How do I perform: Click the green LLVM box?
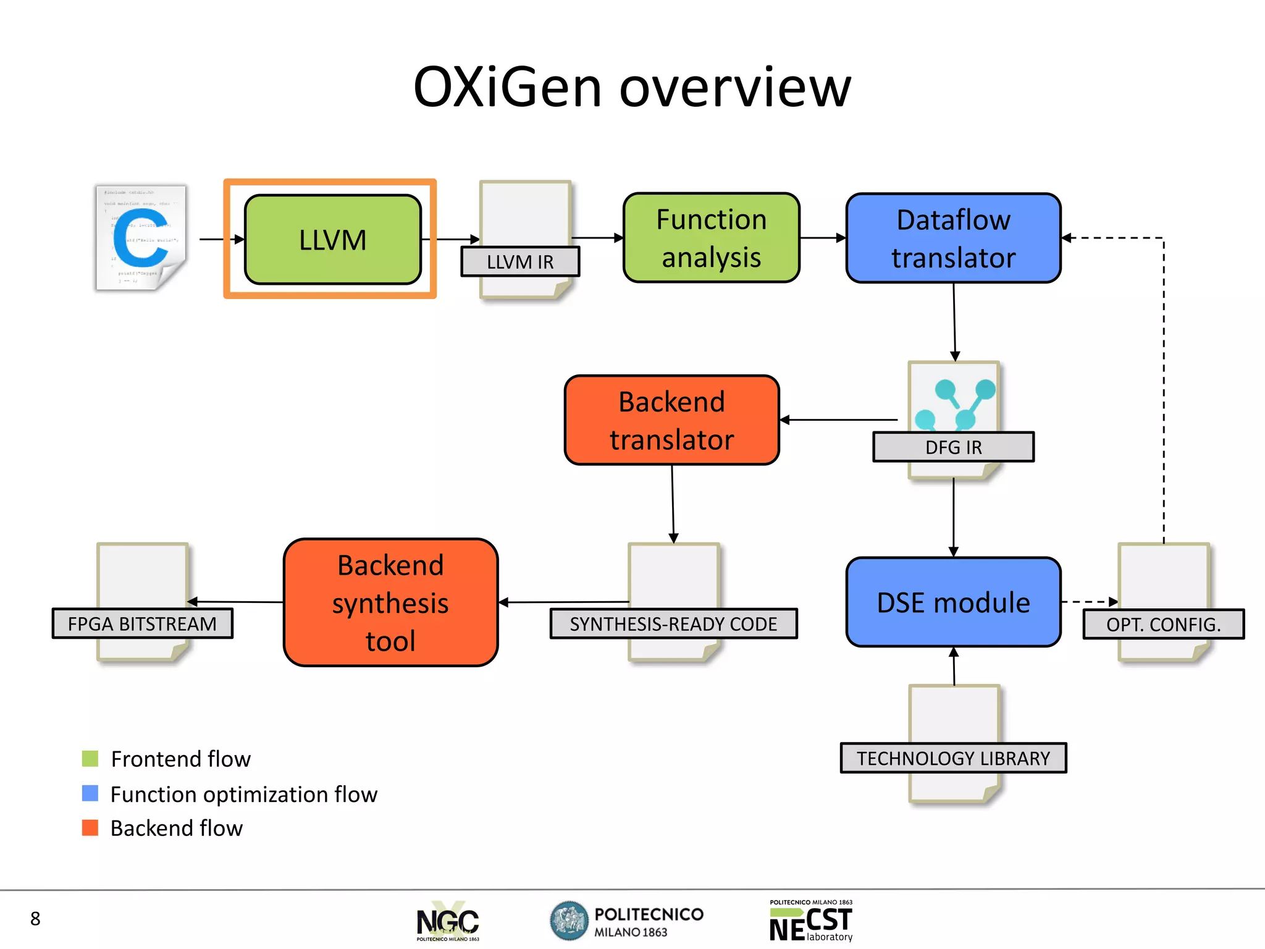point(332,240)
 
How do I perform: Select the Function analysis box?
point(711,238)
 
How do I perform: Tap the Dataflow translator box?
point(953,238)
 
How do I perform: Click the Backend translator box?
point(671,420)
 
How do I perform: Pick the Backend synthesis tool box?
point(390,602)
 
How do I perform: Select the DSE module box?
point(953,602)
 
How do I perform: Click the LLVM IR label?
point(519,261)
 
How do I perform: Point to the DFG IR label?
point(953,447)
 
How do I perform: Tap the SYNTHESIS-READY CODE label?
point(673,624)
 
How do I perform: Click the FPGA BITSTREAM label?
point(142,624)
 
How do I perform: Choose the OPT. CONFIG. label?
point(1163,625)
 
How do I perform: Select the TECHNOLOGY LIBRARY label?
point(953,758)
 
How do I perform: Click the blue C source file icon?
point(141,238)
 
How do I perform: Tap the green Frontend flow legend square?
point(90,759)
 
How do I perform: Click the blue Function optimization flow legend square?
point(90,793)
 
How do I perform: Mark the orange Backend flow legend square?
point(90,828)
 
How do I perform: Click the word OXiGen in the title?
point(506,88)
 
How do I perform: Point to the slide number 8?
point(35,919)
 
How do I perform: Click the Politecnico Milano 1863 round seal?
point(569,920)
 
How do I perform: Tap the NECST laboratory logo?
point(811,921)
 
